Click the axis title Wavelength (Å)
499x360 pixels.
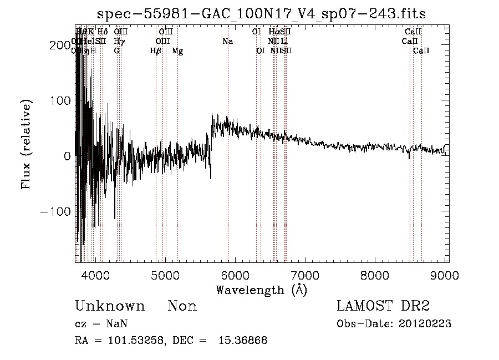[x=261, y=290]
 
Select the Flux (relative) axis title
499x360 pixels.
[x=27, y=144]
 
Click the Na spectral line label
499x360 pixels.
[x=227, y=42]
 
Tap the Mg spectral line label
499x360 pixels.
[x=177, y=51]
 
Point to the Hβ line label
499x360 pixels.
[x=156, y=51]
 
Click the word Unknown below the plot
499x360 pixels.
[x=110, y=306]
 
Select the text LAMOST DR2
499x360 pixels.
[x=383, y=306]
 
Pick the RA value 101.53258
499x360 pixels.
[x=139, y=341]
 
